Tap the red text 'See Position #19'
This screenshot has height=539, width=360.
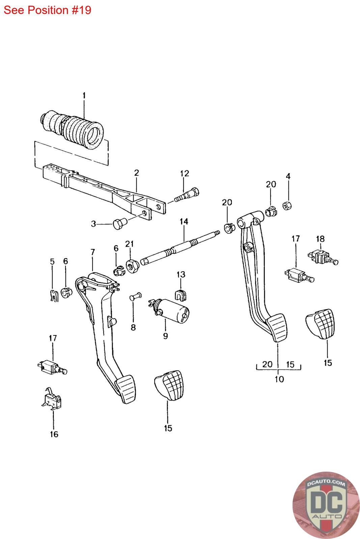click(x=47, y=10)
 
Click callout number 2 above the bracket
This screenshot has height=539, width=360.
click(x=136, y=173)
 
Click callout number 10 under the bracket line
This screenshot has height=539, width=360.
click(x=279, y=379)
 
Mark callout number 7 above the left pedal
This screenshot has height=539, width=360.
click(x=93, y=252)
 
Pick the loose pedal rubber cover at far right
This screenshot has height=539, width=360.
click(x=322, y=324)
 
